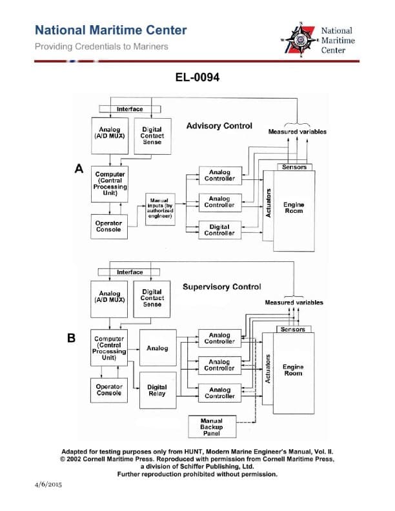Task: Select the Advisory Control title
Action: point(219,126)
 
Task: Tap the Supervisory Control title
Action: point(221,286)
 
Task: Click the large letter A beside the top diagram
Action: point(79,169)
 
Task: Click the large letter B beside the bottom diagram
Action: point(72,337)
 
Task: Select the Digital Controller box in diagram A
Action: point(219,230)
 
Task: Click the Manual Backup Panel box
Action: point(211,427)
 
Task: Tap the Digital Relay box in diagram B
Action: point(157,390)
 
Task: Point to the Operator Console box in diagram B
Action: point(109,390)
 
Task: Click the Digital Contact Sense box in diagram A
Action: point(152,135)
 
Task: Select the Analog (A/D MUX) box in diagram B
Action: point(109,297)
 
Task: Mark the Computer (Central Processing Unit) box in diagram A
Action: point(110,183)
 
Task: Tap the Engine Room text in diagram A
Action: point(293,208)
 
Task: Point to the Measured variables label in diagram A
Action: point(297,132)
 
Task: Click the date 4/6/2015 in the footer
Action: point(45,484)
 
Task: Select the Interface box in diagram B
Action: point(130,272)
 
